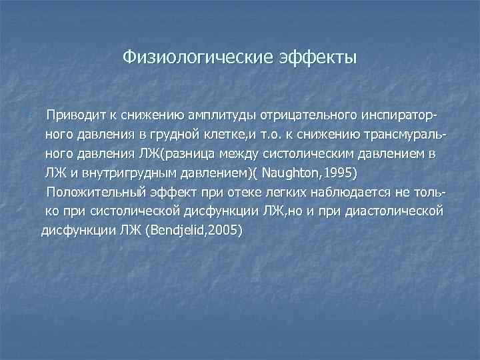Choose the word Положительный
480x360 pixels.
[x=89, y=193]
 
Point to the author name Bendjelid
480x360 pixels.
[x=174, y=231]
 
